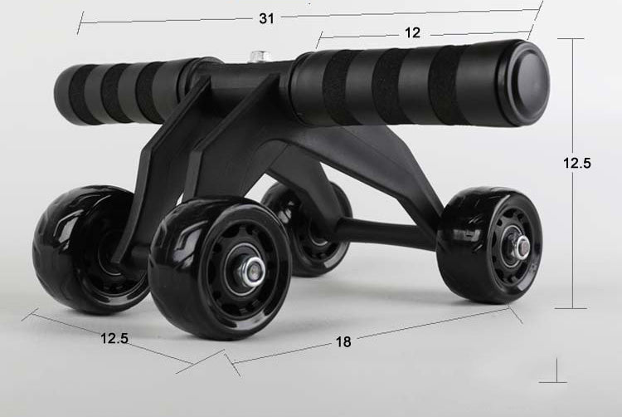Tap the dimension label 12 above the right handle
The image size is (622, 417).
(x=413, y=33)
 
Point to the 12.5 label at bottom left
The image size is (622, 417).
(x=114, y=338)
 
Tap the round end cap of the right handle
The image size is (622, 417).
(x=523, y=85)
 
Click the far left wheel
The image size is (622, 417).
(x=75, y=249)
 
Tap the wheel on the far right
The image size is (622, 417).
(x=491, y=245)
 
